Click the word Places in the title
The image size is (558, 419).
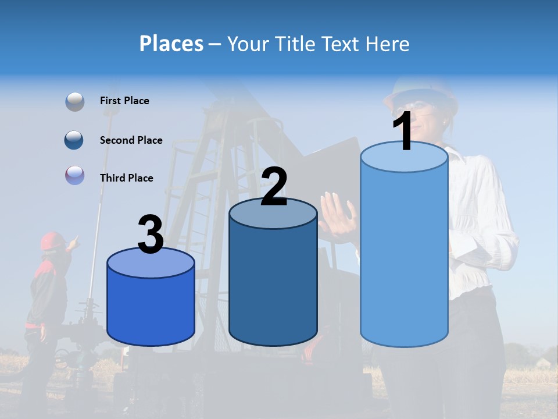tap(171, 44)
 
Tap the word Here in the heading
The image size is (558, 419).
tap(387, 44)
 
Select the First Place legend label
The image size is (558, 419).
tap(124, 101)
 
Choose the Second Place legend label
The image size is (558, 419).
tap(131, 140)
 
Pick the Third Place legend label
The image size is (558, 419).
tap(127, 178)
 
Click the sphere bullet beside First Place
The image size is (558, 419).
tap(75, 101)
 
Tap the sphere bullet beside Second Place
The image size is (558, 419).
tap(74, 140)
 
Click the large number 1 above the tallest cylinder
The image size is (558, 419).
tap(403, 131)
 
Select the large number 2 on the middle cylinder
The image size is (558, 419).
tap(274, 186)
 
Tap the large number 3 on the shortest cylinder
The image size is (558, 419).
tap(151, 235)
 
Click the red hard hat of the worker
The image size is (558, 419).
tap(52, 239)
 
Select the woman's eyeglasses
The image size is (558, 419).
tap(414, 106)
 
